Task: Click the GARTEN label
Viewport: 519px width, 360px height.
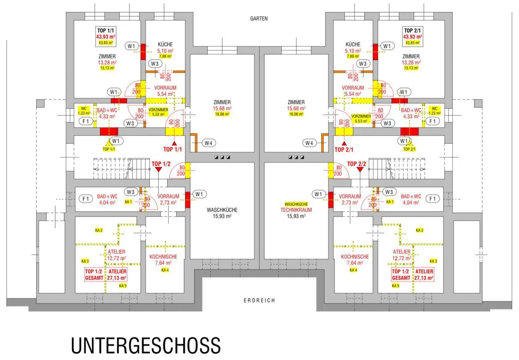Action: (259, 19)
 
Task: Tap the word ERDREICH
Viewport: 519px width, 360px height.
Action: (259, 300)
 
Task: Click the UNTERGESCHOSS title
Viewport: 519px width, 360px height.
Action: (146, 345)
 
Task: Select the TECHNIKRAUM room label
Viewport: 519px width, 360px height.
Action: (296, 210)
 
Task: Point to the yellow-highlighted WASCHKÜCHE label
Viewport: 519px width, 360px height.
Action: (296, 204)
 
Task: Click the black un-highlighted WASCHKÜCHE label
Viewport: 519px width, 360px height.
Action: (222, 210)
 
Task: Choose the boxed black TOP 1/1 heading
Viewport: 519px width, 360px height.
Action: (105, 30)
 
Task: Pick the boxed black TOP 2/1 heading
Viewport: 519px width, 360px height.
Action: (412, 30)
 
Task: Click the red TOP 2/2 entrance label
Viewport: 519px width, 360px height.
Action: (356, 164)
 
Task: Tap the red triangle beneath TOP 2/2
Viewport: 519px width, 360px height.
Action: (360, 169)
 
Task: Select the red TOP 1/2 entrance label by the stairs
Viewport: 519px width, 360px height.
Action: (161, 164)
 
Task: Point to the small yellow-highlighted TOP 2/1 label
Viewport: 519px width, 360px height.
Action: (409, 149)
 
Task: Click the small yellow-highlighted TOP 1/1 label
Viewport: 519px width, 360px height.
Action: (109, 149)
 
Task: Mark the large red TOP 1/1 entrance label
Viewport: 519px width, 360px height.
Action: (172, 149)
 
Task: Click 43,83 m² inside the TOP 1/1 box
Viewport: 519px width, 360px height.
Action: (105, 43)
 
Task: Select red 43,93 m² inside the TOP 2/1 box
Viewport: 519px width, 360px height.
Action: (412, 37)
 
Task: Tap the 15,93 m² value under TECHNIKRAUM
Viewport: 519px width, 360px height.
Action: (296, 216)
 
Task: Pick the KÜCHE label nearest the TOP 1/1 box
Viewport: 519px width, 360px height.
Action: (165, 44)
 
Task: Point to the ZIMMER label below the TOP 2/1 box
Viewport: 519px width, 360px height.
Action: (411, 56)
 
